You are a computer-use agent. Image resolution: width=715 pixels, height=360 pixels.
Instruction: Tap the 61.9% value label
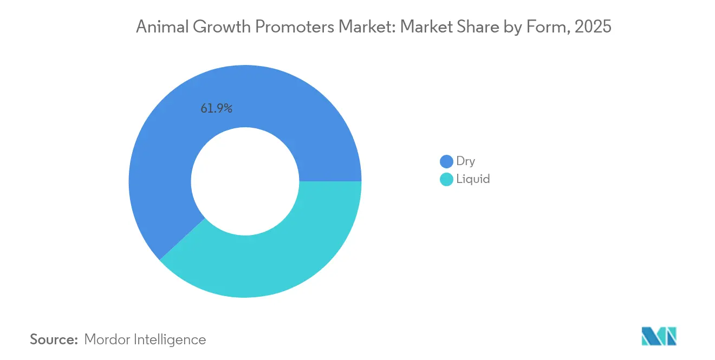click(x=217, y=108)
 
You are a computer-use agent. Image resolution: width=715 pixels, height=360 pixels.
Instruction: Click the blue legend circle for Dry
click(x=446, y=161)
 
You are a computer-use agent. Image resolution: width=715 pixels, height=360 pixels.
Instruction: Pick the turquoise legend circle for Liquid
click(x=446, y=179)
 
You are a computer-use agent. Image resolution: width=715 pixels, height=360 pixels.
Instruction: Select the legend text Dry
click(x=466, y=161)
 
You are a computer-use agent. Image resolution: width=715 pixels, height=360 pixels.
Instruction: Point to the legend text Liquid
click(x=473, y=179)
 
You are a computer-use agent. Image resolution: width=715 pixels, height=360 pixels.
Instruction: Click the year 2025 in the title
click(x=594, y=27)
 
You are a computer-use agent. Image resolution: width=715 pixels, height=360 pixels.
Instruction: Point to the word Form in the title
click(x=546, y=27)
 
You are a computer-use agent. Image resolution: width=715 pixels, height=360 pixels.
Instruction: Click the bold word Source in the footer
click(x=54, y=339)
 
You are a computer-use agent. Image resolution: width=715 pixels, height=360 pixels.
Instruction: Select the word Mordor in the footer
click(x=106, y=339)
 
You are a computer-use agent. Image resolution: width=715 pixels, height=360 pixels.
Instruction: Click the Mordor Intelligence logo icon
click(x=659, y=336)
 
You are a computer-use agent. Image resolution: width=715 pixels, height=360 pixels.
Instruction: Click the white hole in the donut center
click(x=245, y=181)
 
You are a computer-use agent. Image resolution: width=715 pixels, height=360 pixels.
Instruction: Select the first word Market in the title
click(x=365, y=27)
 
